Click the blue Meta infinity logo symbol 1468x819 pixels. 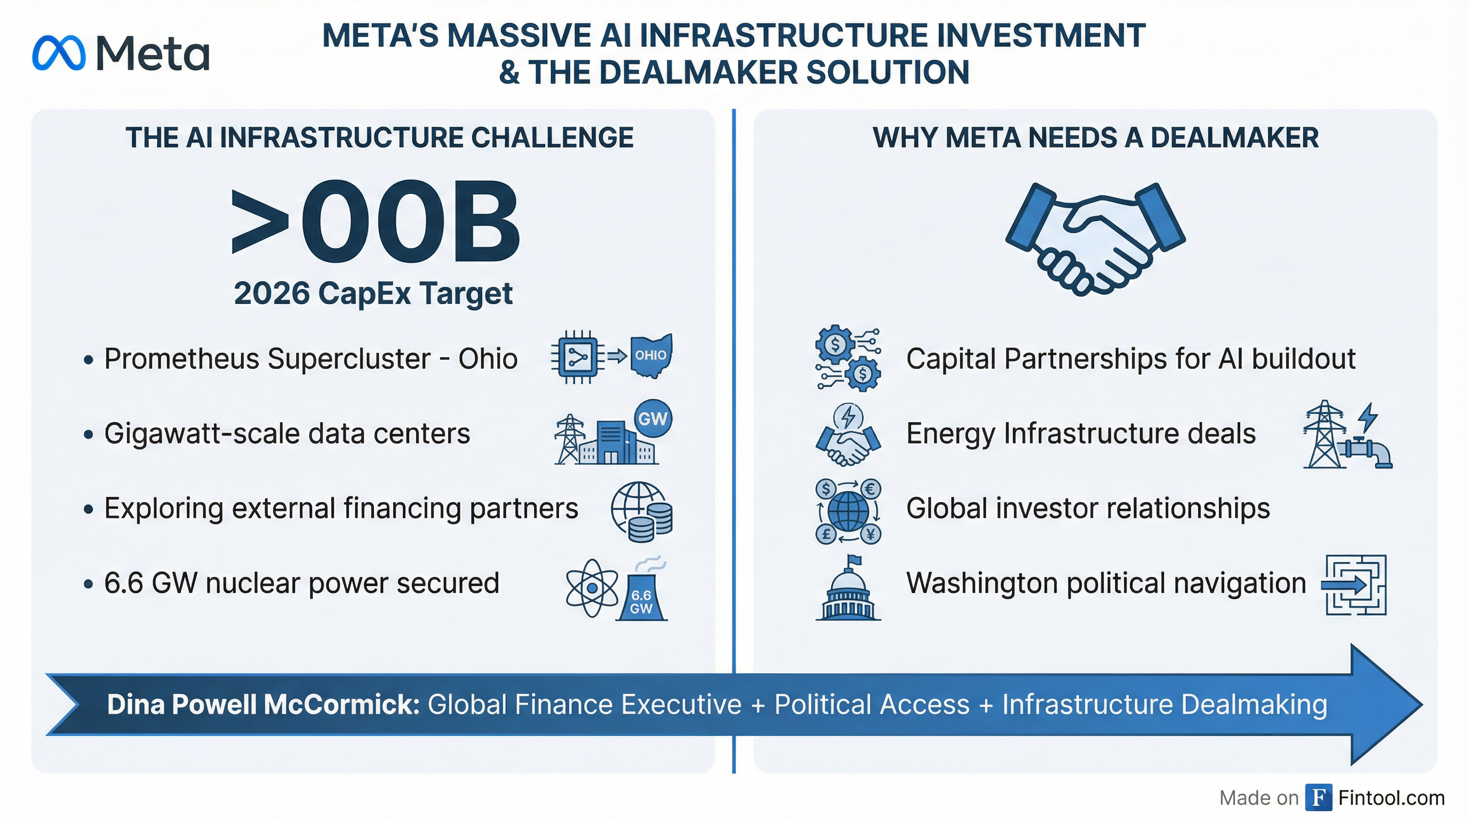tap(59, 53)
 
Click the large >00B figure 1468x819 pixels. tap(376, 222)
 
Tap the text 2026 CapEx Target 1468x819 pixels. tap(373, 294)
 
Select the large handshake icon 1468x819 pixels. tap(1095, 238)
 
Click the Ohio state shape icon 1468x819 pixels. tap(651, 356)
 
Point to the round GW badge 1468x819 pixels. tap(653, 419)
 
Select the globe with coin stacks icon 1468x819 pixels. tap(642, 511)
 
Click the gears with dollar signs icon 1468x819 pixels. tap(848, 358)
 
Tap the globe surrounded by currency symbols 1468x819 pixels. tap(848, 511)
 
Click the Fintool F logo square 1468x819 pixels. tap(1319, 797)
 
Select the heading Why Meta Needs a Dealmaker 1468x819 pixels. tap(1095, 138)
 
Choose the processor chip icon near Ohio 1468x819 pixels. tap(577, 357)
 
